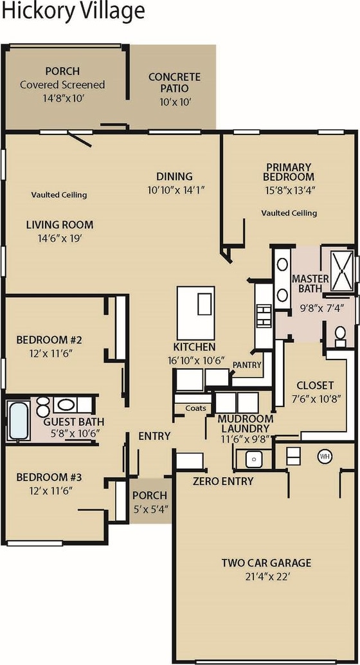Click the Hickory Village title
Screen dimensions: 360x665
coord(73,12)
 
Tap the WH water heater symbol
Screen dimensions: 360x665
coord(325,457)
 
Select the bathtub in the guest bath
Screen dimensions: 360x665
coord(19,421)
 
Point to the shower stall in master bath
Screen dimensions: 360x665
coord(341,270)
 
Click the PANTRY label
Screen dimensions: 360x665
coord(247,365)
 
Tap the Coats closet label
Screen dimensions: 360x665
coord(196,408)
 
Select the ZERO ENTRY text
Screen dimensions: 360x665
coord(223,481)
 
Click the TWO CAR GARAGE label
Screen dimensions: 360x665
coord(266,563)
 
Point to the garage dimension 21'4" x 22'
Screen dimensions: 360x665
coord(266,577)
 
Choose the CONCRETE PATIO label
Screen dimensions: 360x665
coord(174,83)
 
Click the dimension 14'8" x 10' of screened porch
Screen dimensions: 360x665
coord(62,98)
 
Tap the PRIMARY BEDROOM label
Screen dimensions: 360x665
coord(289,172)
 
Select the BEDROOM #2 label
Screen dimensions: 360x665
coord(50,340)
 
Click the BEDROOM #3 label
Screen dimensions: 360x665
coord(50,477)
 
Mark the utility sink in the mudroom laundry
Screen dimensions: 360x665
coord(253,459)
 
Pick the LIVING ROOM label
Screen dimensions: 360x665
coord(60,225)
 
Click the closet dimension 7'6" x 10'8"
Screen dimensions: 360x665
coord(315,399)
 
